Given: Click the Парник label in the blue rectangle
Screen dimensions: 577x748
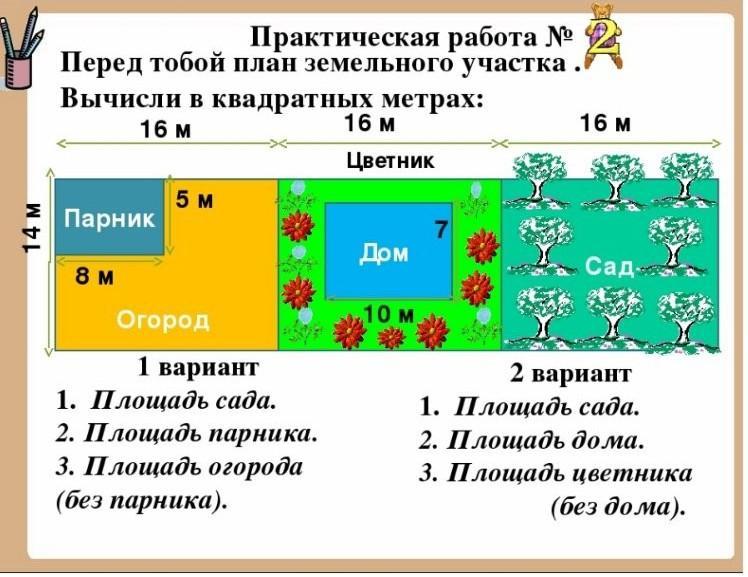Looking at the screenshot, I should [110, 218].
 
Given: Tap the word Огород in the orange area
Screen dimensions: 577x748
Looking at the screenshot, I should [163, 320].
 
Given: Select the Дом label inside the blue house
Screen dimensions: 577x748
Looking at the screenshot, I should [384, 254].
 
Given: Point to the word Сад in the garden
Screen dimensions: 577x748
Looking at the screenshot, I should [609, 266].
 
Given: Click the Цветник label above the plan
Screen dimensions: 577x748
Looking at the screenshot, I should [390, 160].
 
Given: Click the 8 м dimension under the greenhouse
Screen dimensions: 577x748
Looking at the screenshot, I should [95, 277].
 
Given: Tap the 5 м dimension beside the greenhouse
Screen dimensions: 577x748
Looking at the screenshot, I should [195, 200].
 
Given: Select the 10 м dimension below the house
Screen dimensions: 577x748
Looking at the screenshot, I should [389, 314].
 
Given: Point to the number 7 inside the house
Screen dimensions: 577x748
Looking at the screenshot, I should [438, 230].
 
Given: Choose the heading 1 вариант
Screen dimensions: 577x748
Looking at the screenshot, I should [197, 366].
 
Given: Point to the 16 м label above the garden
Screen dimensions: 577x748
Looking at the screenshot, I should [606, 123].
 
